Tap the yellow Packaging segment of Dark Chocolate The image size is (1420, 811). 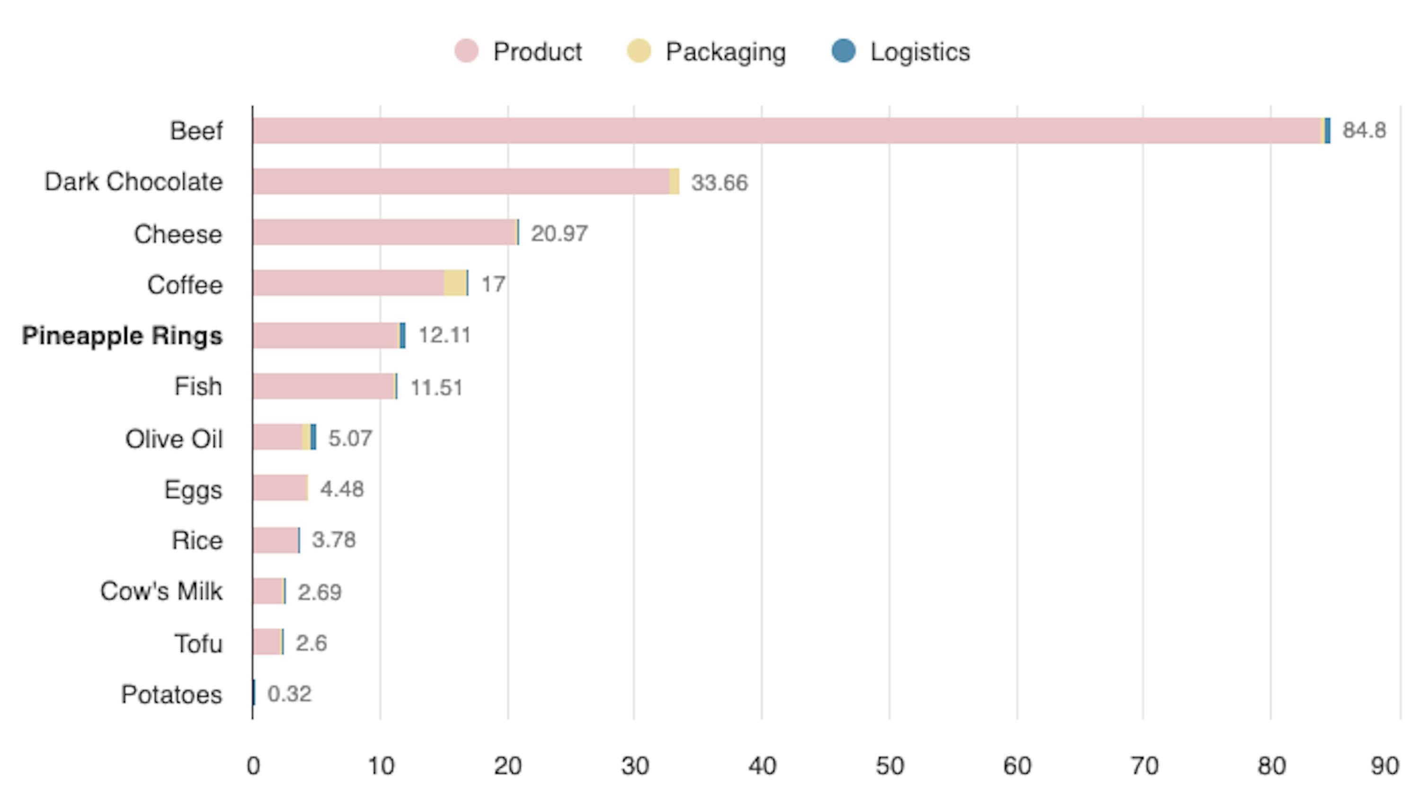coord(674,182)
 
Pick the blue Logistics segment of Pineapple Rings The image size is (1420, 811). coord(402,335)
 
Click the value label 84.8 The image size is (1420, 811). coord(1364,130)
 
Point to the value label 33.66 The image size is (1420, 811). coord(719,183)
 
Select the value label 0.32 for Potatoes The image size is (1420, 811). coord(289,694)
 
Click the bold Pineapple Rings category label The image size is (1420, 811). coord(122,336)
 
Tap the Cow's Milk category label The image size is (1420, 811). coord(161,591)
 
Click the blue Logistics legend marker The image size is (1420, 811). coord(843,51)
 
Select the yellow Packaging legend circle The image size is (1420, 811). coord(639,51)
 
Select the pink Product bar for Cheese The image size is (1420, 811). coord(384,232)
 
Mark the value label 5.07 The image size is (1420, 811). coord(350,438)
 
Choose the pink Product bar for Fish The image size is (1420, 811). coord(323,387)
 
